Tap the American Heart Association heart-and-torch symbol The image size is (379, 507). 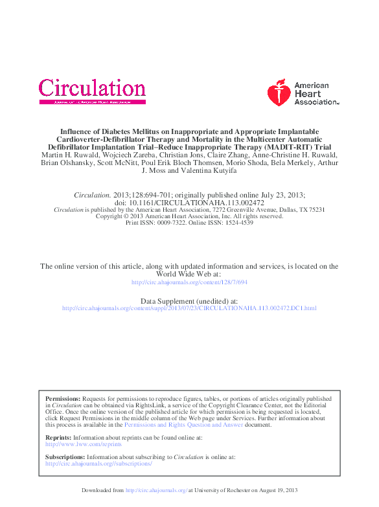click(279, 93)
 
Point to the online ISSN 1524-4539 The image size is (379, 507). click(236, 222)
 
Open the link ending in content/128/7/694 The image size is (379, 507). click(189, 282)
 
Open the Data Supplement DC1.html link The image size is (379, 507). click(189, 308)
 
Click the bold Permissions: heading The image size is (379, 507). click(63, 399)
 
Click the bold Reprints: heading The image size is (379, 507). click(58, 438)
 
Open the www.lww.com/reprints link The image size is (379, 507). click(84, 444)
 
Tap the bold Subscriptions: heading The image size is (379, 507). click(65, 457)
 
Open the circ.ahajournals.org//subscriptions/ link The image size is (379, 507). click(99, 464)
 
